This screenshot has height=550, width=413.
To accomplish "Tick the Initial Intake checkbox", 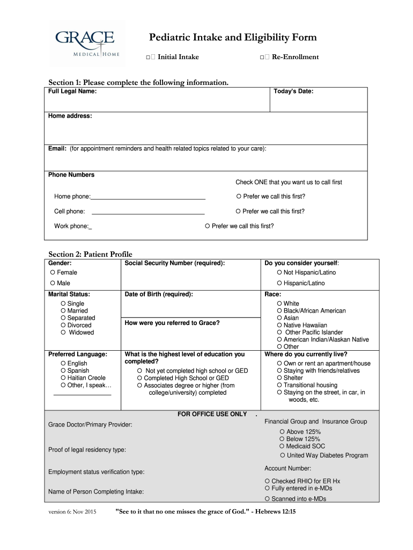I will click(150, 57).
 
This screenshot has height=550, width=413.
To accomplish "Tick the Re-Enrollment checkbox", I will click(264, 57).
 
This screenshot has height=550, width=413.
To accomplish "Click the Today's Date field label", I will click(293, 92).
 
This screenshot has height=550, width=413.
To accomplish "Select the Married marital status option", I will click(63, 311).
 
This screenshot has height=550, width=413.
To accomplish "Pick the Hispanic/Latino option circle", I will click(279, 283).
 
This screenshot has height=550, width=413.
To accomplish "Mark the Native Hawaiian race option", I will click(279, 325).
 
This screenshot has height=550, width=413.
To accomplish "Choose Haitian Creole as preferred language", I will click(63, 378).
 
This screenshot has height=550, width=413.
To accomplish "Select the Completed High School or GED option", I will click(140, 378).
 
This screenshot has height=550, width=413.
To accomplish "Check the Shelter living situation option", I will click(279, 378).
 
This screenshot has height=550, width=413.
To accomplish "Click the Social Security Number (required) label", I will click(174, 263).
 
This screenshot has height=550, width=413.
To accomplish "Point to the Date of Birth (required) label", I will click(158, 294).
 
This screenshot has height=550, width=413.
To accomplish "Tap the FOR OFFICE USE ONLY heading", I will click(212, 414).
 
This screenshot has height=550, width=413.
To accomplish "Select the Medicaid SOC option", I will click(282, 446).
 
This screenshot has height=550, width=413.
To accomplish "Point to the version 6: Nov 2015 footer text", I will click(72, 512).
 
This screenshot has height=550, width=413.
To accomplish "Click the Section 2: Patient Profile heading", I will click(90, 254).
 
